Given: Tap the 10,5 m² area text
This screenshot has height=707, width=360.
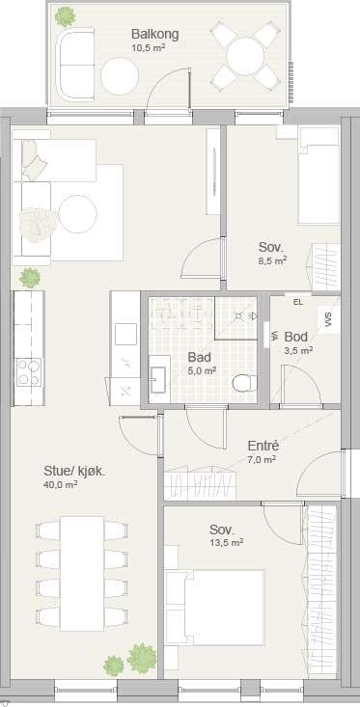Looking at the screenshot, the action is coord(148,46).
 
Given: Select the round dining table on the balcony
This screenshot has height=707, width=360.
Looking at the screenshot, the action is coord(245,56).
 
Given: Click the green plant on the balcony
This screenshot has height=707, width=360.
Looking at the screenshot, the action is coord(66,16).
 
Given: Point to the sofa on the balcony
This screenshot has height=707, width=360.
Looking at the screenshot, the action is coord(75,64).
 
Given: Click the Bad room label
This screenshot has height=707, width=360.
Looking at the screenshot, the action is coord(200,357).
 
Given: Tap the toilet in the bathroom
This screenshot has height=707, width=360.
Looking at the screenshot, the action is coord(244,383).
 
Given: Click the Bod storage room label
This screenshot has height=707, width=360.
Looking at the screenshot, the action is coord(296,337).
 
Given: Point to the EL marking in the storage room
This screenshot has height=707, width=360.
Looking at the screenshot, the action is coord(298,302).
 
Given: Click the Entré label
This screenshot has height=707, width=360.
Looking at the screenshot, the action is coord(263,446).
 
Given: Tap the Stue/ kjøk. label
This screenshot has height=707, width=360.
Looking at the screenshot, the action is coord(74,472).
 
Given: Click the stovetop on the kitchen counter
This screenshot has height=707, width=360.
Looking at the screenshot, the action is coord(29,373).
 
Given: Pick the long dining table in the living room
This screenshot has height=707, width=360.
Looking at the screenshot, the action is coord(82,574).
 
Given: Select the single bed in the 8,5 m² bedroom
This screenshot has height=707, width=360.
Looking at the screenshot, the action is coord(318,175).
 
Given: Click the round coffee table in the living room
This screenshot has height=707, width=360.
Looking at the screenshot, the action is coord(78,214).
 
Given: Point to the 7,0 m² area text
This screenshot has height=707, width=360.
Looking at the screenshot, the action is coord(262,459).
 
